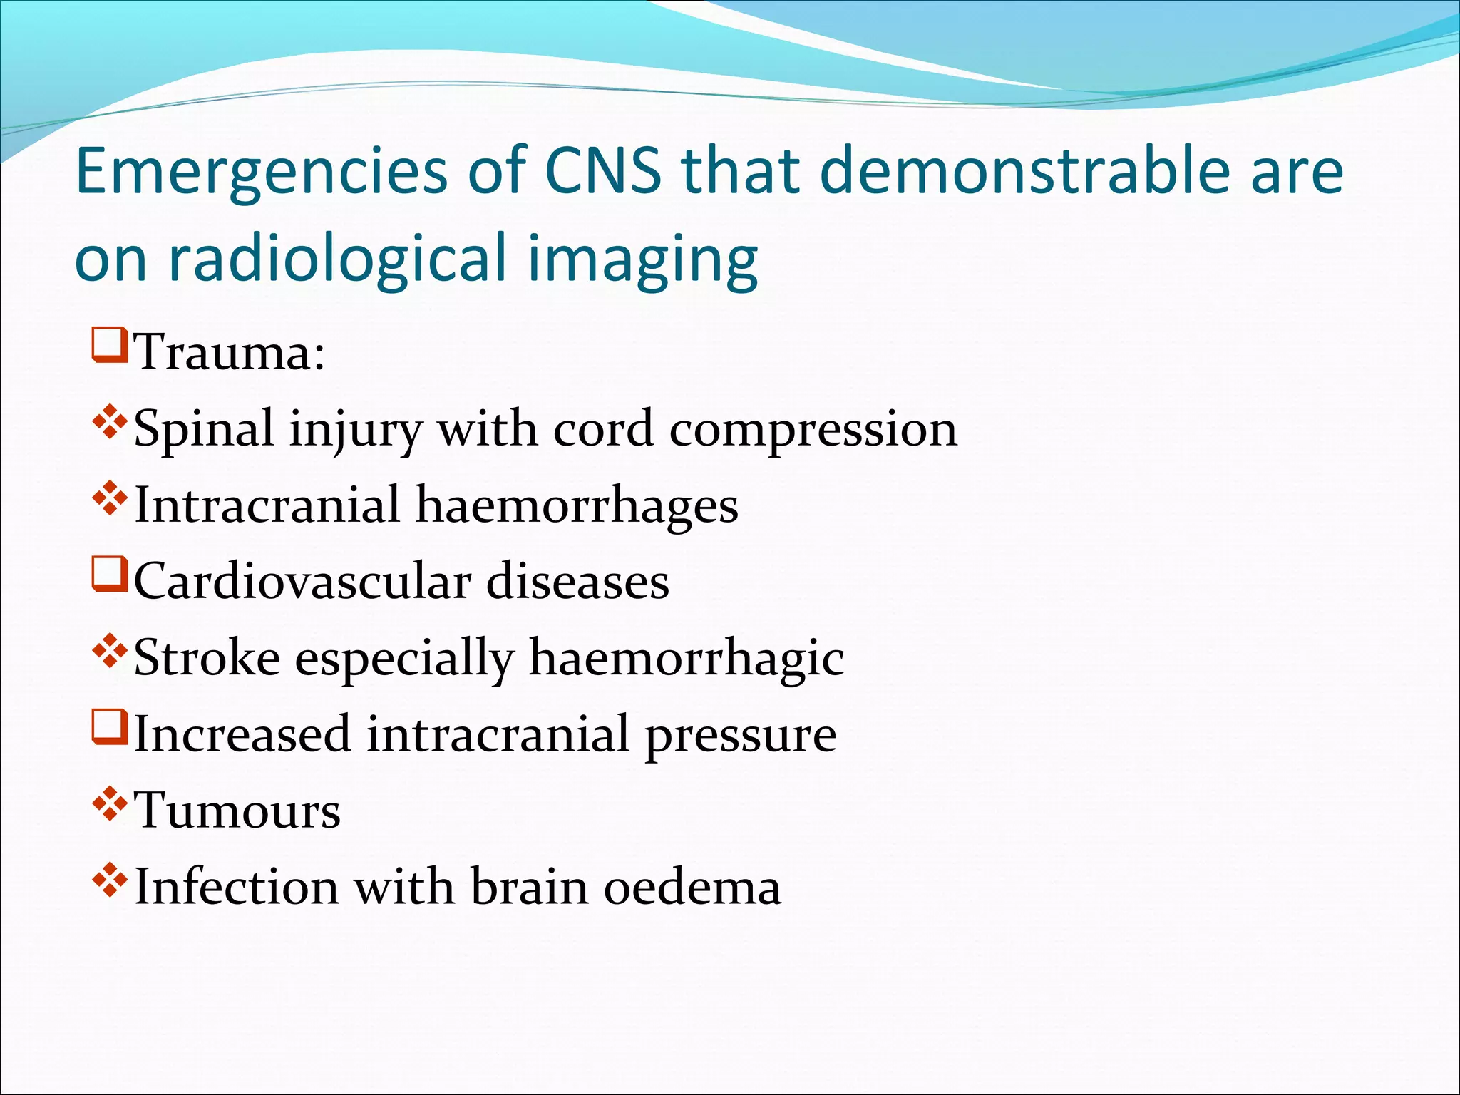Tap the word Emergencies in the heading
pos(261,171)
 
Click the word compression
pos(813,430)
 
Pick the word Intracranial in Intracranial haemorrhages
pos(267,505)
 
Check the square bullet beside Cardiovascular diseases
pos(110,574)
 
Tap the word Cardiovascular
pos(302,581)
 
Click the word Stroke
pos(207,657)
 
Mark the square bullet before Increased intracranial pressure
pos(110,726)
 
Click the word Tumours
pos(237,811)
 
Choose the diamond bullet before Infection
pos(110,880)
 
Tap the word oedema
pos(692,888)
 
